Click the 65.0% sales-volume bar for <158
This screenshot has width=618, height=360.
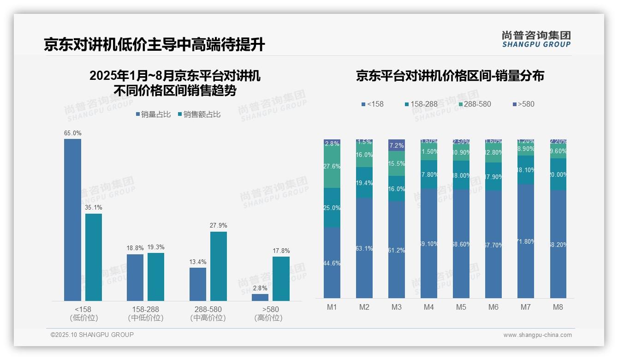coord(72,220)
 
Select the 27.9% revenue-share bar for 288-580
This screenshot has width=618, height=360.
coord(219,266)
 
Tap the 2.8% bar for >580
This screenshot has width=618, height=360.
coord(260,297)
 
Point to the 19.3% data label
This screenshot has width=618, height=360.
coord(155,247)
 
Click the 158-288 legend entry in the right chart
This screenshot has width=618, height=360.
coord(421,104)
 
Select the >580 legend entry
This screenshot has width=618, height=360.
coord(523,104)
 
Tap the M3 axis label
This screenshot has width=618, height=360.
coord(397,307)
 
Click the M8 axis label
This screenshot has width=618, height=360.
coord(558,307)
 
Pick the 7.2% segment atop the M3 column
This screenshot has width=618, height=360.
coord(397,145)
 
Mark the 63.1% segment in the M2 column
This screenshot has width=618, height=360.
coord(364,248)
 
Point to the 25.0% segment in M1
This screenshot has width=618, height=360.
coord(332,208)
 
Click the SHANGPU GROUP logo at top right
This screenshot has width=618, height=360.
coord(536,39)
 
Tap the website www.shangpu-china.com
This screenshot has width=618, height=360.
coord(537,335)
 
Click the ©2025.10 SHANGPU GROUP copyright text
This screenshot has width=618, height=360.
coord(92,335)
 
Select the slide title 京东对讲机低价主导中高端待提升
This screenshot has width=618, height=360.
coord(154,45)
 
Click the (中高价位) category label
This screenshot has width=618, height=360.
coord(208,318)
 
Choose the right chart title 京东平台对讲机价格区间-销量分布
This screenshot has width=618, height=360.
coord(450,76)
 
